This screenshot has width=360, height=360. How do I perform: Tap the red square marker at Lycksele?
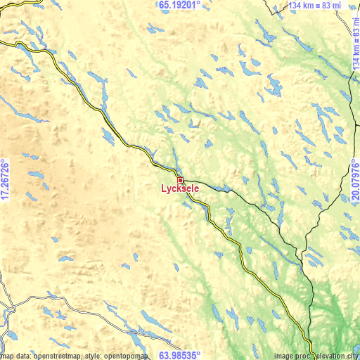pyautogui.click(x=180, y=180)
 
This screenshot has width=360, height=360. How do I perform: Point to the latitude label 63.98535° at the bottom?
pyautogui.click(x=179, y=355)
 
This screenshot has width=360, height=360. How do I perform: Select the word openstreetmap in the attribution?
pyautogui.click(x=53, y=356)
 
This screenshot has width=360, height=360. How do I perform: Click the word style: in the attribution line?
pyautogui.click(x=95, y=356)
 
